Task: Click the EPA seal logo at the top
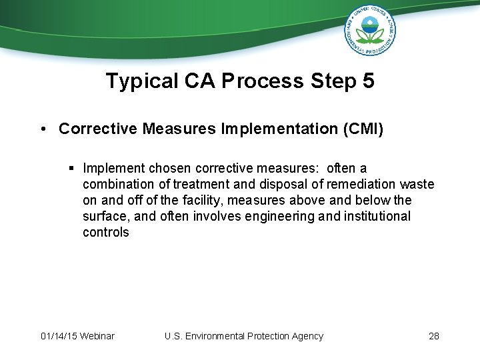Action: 370,30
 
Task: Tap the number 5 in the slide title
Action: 367,81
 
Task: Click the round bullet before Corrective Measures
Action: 43,129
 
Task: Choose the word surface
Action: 104,217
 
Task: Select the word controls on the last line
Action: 106,233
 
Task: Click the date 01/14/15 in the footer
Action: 57,336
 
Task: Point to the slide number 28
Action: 434,336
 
